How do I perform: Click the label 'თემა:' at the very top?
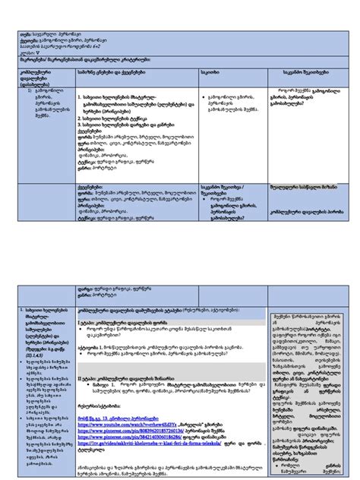[25, 33]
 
